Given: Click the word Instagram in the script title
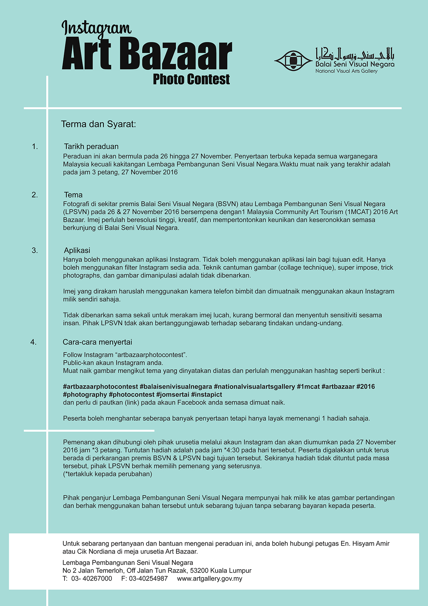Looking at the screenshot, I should [x=96, y=28].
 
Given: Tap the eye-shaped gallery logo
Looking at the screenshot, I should [x=293, y=61].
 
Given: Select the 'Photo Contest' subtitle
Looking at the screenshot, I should [x=191, y=79].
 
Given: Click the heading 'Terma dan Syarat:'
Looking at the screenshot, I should [x=98, y=124].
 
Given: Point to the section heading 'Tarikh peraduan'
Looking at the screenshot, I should [x=91, y=146].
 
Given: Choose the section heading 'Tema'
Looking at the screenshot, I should [x=73, y=195].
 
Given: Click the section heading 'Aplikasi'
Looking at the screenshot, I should [x=77, y=250].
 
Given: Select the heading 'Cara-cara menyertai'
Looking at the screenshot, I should [x=97, y=342].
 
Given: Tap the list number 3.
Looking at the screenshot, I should [x=35, y=251].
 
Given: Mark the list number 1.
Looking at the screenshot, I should [x=35, y=146].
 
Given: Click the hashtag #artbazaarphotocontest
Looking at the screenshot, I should [x=100, y=387].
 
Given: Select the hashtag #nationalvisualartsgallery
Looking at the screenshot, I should [x=254, y=387].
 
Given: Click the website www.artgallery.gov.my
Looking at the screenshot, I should [x=210, y=579].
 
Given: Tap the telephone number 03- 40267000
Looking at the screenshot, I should [x=92, y=579].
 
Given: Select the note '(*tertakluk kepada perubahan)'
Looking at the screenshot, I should [x=108, y=474].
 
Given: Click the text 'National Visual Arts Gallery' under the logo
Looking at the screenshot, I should [x=346, y=71].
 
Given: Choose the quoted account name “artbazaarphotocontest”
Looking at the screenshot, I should [x=151, y=355].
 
